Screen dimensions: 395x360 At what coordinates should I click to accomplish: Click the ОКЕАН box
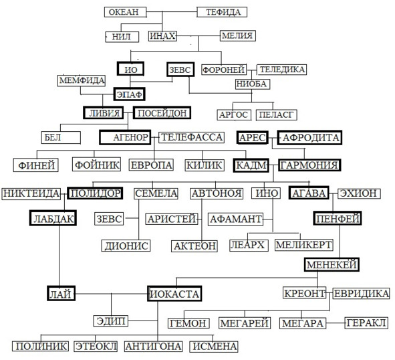[x=125, y=12]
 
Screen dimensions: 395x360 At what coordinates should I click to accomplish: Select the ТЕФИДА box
[x=222, y=12]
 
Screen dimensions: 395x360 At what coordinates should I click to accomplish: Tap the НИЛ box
[x=122, y=37]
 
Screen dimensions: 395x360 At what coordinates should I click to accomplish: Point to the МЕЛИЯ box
[x=238, y=35]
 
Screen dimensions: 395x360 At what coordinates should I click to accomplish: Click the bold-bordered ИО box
[x=130, y=69]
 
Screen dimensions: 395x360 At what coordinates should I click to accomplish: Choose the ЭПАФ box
[x=129, y=94]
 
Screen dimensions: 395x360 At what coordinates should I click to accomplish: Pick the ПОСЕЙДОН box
[x=162, y=113]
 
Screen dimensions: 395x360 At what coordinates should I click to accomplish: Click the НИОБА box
[x=253, y=84]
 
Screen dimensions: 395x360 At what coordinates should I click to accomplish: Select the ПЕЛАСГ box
[x=277, y=115]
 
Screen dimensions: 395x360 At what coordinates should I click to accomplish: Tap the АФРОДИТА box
[x=309, y=137]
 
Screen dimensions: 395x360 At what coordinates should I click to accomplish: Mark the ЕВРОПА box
[x=151, y=165]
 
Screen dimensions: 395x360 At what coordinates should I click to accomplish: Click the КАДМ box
[x=251, y=165]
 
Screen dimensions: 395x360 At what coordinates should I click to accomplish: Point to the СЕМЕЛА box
[x=156, y=193]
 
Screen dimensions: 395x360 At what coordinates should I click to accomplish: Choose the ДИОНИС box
[x=126, y=246]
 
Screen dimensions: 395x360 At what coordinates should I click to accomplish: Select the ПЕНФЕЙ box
[x=338, y=218]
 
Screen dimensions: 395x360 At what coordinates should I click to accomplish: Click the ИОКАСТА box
[x=174, y=294]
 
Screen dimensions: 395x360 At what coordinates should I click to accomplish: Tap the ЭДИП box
[x=110, y=321]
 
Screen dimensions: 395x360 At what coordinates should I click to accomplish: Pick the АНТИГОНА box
[x=154, y=347]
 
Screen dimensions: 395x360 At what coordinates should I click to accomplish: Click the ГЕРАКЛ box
[x=366, y=323]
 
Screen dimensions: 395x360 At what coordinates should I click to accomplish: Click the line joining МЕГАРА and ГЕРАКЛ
[x=336, y=323]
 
